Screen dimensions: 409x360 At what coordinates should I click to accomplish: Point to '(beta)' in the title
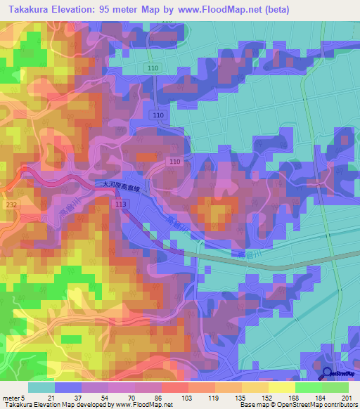(x=273, y=9)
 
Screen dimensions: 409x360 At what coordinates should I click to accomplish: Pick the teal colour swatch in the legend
(x=41, y=387)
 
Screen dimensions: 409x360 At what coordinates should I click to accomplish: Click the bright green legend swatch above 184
(x=309, y=387)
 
